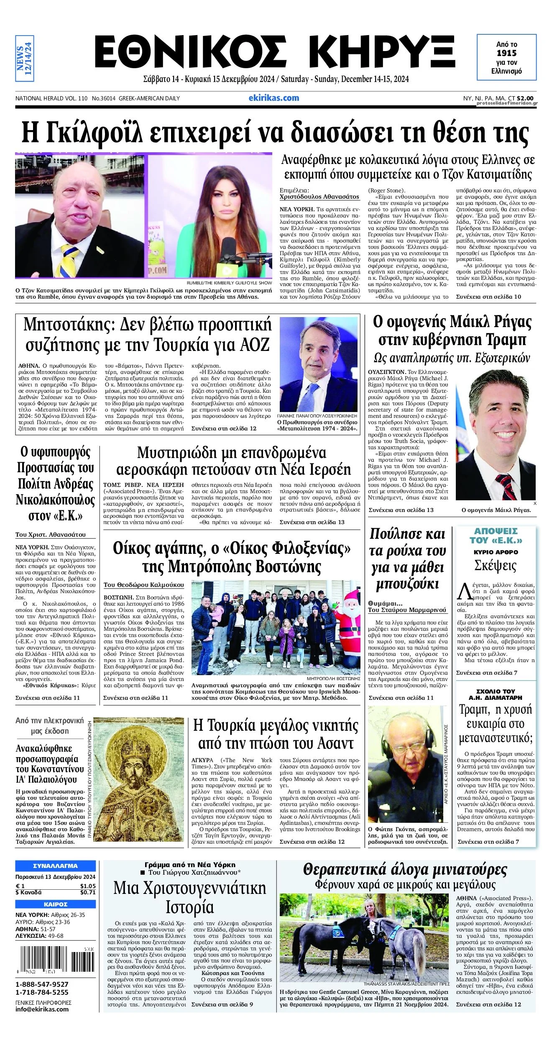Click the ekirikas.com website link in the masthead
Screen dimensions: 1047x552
click(273, 98)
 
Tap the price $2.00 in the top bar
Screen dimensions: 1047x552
click(525, 98)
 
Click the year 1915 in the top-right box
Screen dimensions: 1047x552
click(506, 53)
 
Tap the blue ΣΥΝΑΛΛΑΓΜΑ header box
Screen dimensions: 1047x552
click(55, 866)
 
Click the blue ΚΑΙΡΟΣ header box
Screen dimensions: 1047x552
click(55, 904)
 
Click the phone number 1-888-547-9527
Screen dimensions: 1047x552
click(42, 985)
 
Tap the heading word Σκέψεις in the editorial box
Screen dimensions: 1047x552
click(495, 566)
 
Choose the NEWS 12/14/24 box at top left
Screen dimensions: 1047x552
click(24, 58)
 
